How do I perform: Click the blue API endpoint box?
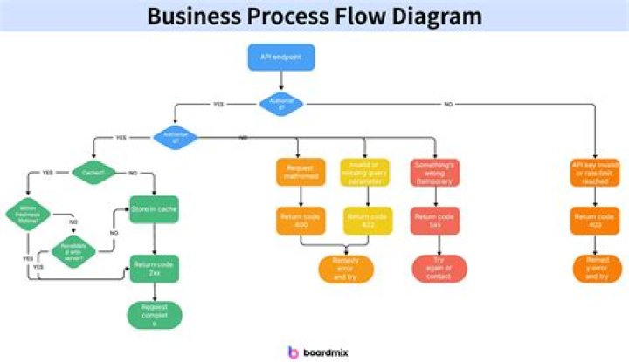(x=281, y=58)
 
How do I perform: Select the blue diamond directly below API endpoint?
(x=281, y=104)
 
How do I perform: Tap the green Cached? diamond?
(x=93, y=173)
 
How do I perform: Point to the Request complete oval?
(x=154, y=315)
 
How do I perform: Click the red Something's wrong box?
(x=433, y=171)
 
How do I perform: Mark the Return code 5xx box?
(x=433, y=221)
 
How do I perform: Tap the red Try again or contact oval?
(x=433, y=267)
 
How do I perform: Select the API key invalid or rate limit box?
(x=596, y=171)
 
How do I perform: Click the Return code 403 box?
(x=596, y=221)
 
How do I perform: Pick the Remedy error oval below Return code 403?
(x=596, y=267)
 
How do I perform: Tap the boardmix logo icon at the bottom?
(x=294, y=351)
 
